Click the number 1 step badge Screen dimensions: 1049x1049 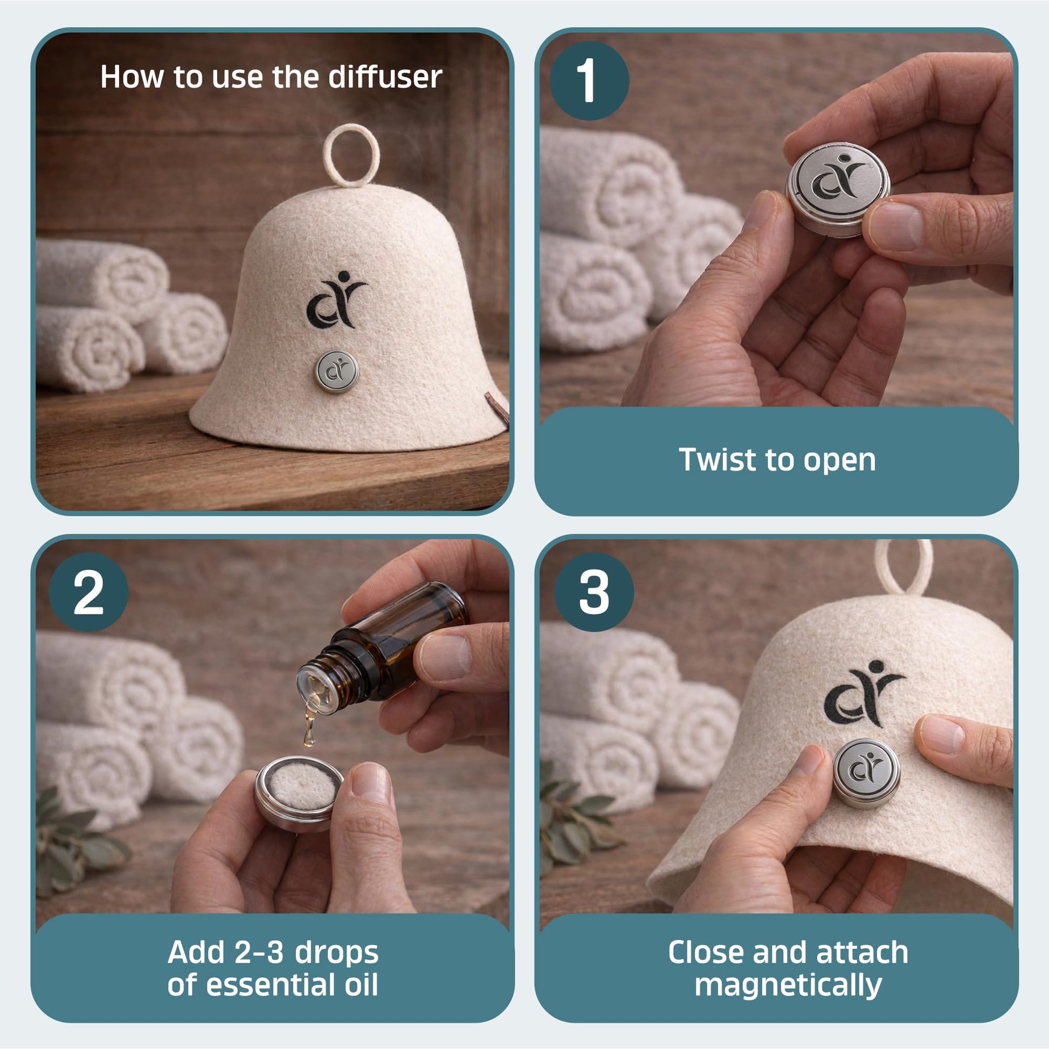(x=589, y=80)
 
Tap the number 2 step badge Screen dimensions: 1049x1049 (x=88, y=592)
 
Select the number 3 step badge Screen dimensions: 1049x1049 (x=593, y=592)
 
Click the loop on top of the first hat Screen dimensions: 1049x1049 (x=351, y=155)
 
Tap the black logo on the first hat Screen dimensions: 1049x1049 (x=336, y=300)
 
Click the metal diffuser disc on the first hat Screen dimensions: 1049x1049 (x=336, y=371)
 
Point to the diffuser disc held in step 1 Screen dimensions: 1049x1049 (x=838, y=190)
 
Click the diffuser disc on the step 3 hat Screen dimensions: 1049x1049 (x=866, y=773)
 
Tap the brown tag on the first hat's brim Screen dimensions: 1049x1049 (x=498, y=407)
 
